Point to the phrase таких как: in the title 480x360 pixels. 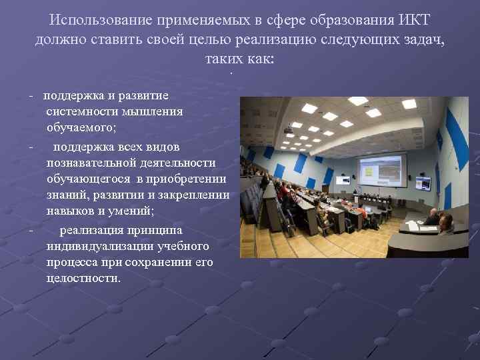click(x=240, y=59)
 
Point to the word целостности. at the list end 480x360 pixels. click(x=84, y=277)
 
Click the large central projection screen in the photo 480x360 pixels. click(x=382, y=171)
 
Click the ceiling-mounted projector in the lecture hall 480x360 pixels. click(x=288, y=129)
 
